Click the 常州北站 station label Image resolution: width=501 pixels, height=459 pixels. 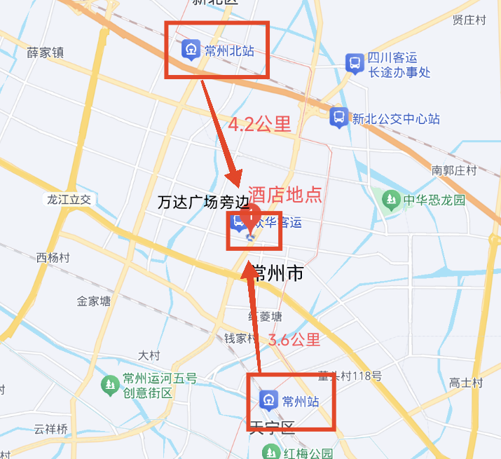[x=228, y=50]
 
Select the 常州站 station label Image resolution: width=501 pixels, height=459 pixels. [x=301, y=402]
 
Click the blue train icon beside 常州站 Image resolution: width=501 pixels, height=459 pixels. [x=268, y=402]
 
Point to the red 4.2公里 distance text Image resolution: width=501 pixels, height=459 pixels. [x=259, y=125]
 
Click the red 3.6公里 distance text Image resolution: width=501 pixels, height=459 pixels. [x=294, y=341]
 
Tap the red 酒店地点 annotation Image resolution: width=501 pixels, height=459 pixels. [x=285, y=194]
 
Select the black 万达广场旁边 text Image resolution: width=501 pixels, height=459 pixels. [x=203, y=203]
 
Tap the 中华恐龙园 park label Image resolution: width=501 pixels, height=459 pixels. [x=434, y=200]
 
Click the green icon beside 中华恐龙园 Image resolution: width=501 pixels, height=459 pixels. [x=390, y=200]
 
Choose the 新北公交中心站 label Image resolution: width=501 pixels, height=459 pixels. [x=396, y=118]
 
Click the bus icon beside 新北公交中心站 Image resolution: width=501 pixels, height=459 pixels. [x=339, y=116]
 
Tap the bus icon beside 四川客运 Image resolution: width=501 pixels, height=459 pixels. [x=355, y=64]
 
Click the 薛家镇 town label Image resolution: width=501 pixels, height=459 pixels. [x=45, y=53]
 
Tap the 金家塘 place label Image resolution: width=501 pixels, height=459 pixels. [x=94, y=301]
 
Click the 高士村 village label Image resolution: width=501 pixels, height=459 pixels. [x=466, y=383]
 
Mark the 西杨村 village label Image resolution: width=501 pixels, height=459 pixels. [x=53, y=257]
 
